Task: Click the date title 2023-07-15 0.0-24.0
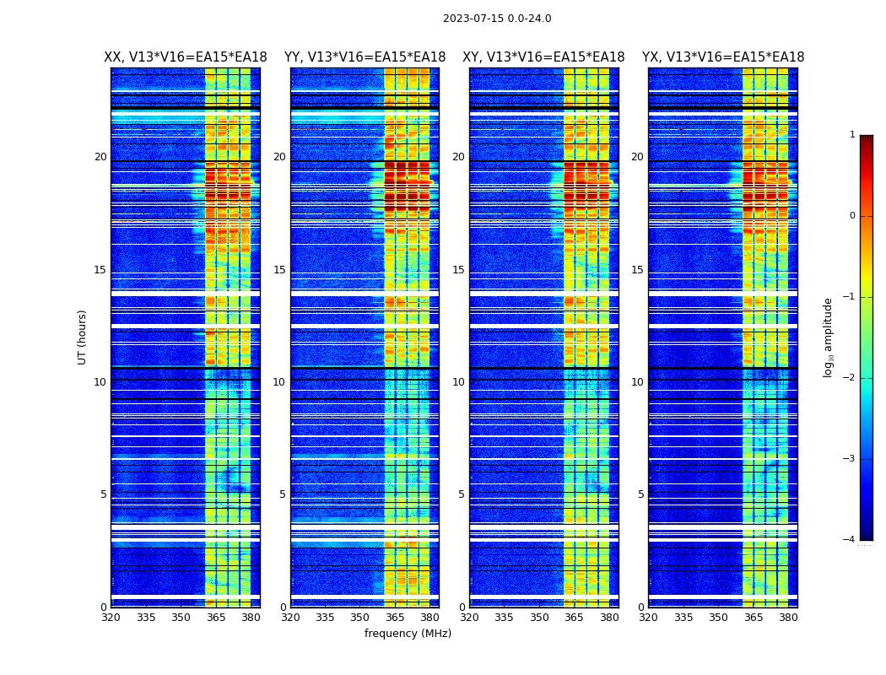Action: click(497, 19)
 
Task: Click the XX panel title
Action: click(186, 57)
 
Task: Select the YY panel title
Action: click(365, 57)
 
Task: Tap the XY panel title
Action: click(543, 57)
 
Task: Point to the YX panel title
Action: click(723, 57)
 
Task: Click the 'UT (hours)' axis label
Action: click(82, 337)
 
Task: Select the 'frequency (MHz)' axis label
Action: click(408, 634)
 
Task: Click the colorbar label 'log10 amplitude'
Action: click(829, 337)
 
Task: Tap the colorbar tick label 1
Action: click(852, 135)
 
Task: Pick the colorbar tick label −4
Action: click(850, 540)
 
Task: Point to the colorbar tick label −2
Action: click(850, 378)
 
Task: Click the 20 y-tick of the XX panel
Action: click(100, 157)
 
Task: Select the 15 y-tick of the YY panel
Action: click(279, 270)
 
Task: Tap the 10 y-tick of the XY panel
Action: click(458, 382)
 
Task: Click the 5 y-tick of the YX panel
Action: click(640, 494)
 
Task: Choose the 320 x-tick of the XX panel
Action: click(111, 618)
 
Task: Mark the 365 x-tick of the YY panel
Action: click(395, 618)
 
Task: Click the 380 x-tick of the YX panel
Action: click(788, 618)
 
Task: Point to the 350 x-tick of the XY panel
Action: click(539, 618)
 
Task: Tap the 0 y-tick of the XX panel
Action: click(104, 607)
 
